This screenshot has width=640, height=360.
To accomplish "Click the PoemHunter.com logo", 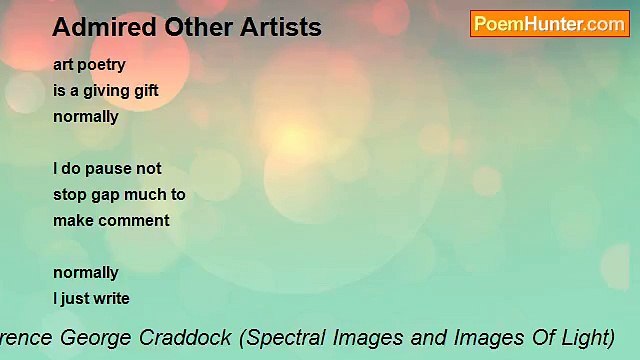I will (549, 24).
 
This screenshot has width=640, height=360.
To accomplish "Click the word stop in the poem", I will (70, 194).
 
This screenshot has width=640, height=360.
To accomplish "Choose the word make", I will (72, 220).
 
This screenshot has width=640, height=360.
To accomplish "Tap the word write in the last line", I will (109, 298).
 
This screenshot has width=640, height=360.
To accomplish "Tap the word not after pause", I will (148, 168).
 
